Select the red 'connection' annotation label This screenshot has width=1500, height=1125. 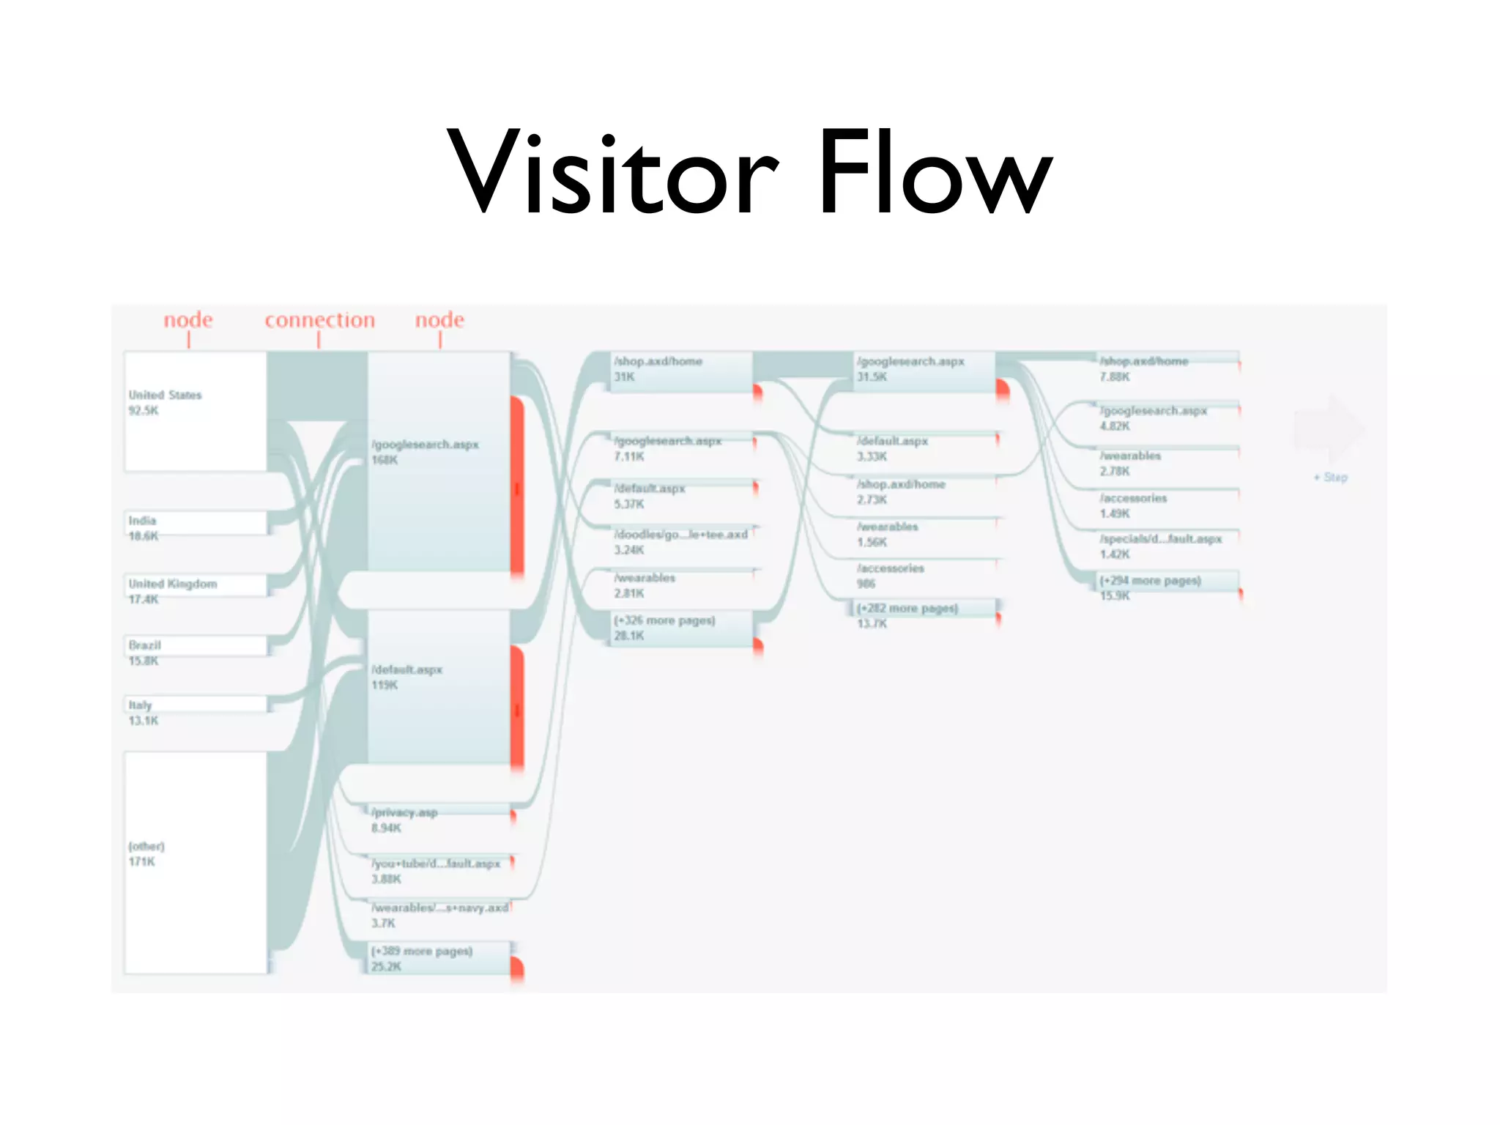click(x=319, y=320)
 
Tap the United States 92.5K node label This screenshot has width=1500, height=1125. click(x=165, y=402)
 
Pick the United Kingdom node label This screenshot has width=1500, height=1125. click(x=173, y=584)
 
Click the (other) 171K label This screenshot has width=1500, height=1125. click(x=146, y=853)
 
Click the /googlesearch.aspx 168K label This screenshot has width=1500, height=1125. click(x=425, y=452)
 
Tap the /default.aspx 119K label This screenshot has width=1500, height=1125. click(x=406, y=677)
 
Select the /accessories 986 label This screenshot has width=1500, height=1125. click(x=891, y=576)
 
